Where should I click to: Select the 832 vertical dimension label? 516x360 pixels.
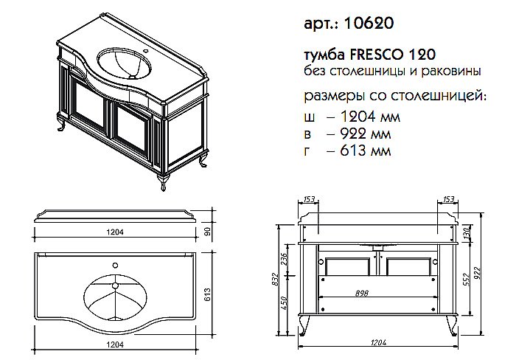point(274,279)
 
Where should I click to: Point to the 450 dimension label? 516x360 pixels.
point(284,302)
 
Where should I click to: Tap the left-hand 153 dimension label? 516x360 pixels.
point(309,198)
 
